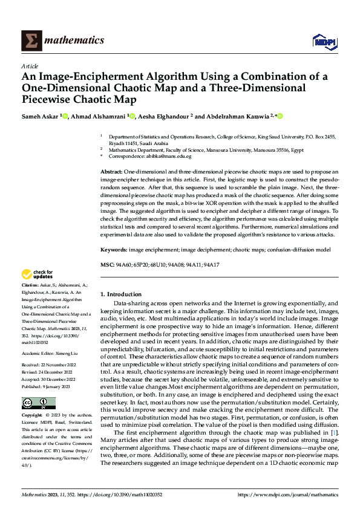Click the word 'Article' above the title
tap(30, 66)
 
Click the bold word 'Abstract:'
tap(113, 172)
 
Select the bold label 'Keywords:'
tap(114, 248)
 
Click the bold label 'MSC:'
tap(106, 265)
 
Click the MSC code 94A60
tap(125, 265)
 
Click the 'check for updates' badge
tap(38, 274)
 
